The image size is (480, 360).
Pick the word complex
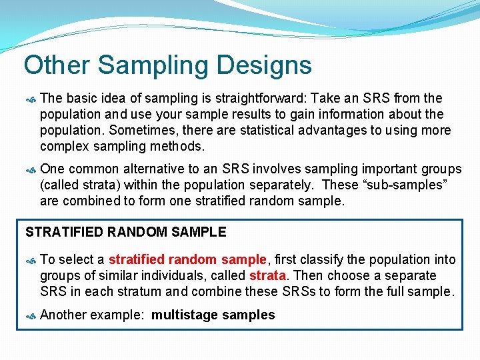[65, 146]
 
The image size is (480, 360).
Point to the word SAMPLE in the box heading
[199, 232]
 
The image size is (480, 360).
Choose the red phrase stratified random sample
[187, 259]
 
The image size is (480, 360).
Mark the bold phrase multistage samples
[213, 315]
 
